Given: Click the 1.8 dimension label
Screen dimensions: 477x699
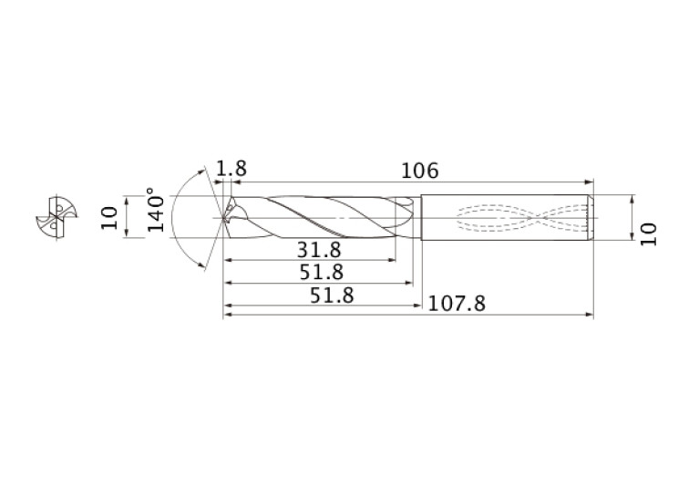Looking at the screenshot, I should pos(231,169).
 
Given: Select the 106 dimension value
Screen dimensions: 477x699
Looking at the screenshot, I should pos(419,171).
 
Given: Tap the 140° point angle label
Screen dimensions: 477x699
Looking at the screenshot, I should pos(156,212).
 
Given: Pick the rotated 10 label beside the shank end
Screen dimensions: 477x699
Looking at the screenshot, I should pos(648,233).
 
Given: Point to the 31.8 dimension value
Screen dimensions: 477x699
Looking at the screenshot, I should pos(319,250).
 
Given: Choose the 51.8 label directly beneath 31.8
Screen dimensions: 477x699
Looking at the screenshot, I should pos(319,272).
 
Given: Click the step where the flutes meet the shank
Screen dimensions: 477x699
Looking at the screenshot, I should pos(416,218).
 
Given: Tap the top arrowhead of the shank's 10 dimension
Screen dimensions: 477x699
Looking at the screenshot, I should pos(632,198).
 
